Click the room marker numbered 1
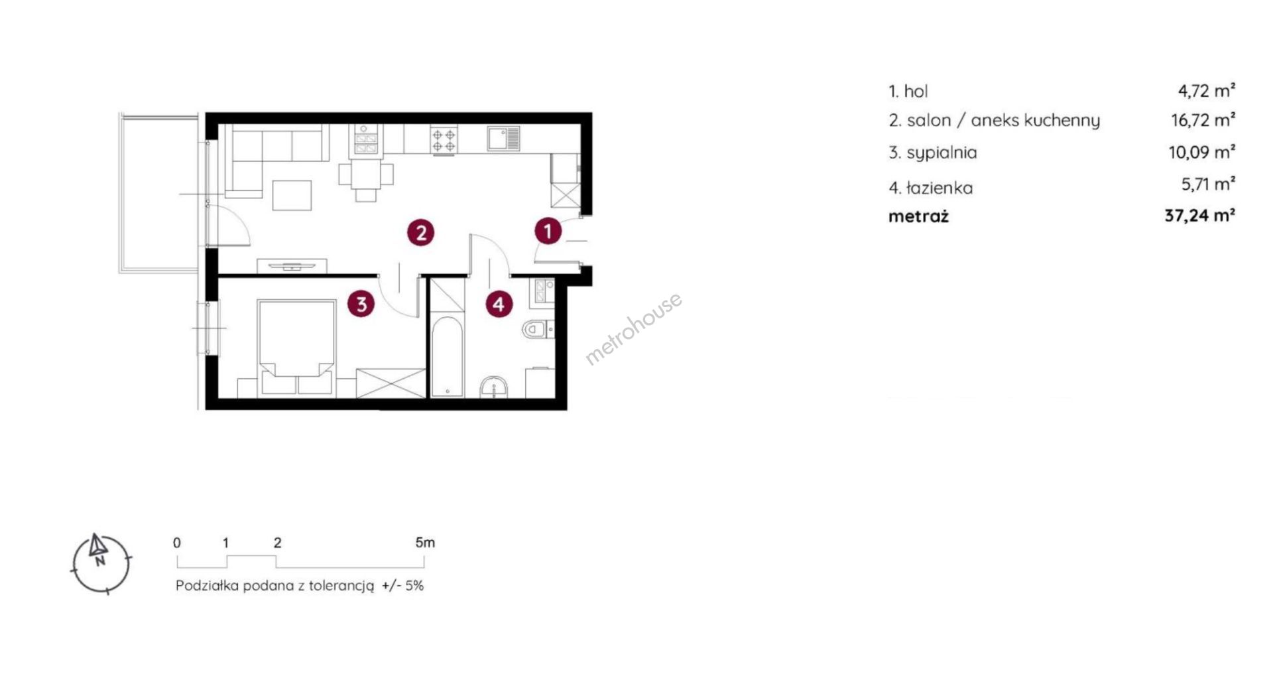(548, 231)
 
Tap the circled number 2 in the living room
(421, 232)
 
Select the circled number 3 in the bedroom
(361, 305)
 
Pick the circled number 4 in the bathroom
(499, 305)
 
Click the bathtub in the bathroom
(446, 357)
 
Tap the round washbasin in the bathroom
(494, 387)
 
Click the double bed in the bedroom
(296, 347)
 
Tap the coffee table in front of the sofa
(292, 195)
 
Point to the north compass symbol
(100, 563)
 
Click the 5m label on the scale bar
(425, 543)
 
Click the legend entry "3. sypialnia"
(933, 153)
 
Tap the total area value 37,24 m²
(1200, 216)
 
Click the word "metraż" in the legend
(919, 216)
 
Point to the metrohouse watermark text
(633, 329)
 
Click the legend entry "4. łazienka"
(931, 188)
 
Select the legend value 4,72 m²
(1207, 90)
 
